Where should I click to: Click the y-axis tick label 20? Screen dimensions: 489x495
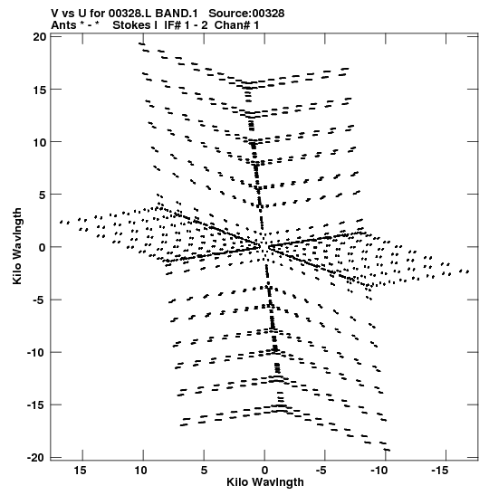pyautogui.click(x=39, y=37)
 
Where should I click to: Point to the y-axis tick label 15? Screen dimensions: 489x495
pyautogui.click(x=39, y=90)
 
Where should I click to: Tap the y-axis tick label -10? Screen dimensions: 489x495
pyautogui.click(x=36, y=352)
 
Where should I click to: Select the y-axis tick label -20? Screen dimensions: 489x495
pyautogui.click(x=36, y=457)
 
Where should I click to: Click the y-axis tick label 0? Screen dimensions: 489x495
pyautogui.click(x=43, y=247)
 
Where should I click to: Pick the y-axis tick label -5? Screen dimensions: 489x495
pyautogui.click(x=39, y=300)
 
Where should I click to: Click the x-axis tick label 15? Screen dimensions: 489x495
pyautogui.click(x=80, y=471)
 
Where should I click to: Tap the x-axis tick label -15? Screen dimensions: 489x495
pyautogui.click(x=440, y=471)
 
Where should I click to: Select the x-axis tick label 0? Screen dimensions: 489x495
pyautogui.click(x=264, y=471)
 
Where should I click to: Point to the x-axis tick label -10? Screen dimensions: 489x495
pyautogui.click(x=379, y=471)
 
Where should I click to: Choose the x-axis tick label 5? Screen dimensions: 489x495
pyautogui.click(x=204, y=471)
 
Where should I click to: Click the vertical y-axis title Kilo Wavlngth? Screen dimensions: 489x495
pyautogui.click(x=17, y=246)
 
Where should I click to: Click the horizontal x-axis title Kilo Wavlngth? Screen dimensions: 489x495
pyautogui.click(x=265, y=482)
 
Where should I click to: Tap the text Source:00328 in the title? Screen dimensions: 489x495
pyautogui.click(x=246, y=14)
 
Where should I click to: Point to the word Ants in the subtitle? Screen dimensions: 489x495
pyautogui.click(x=63, y=25)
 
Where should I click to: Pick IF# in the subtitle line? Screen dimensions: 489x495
pyautogui.click(x=172, y=25)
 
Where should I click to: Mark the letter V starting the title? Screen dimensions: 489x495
pyautogui.click(x=55, y=14)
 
